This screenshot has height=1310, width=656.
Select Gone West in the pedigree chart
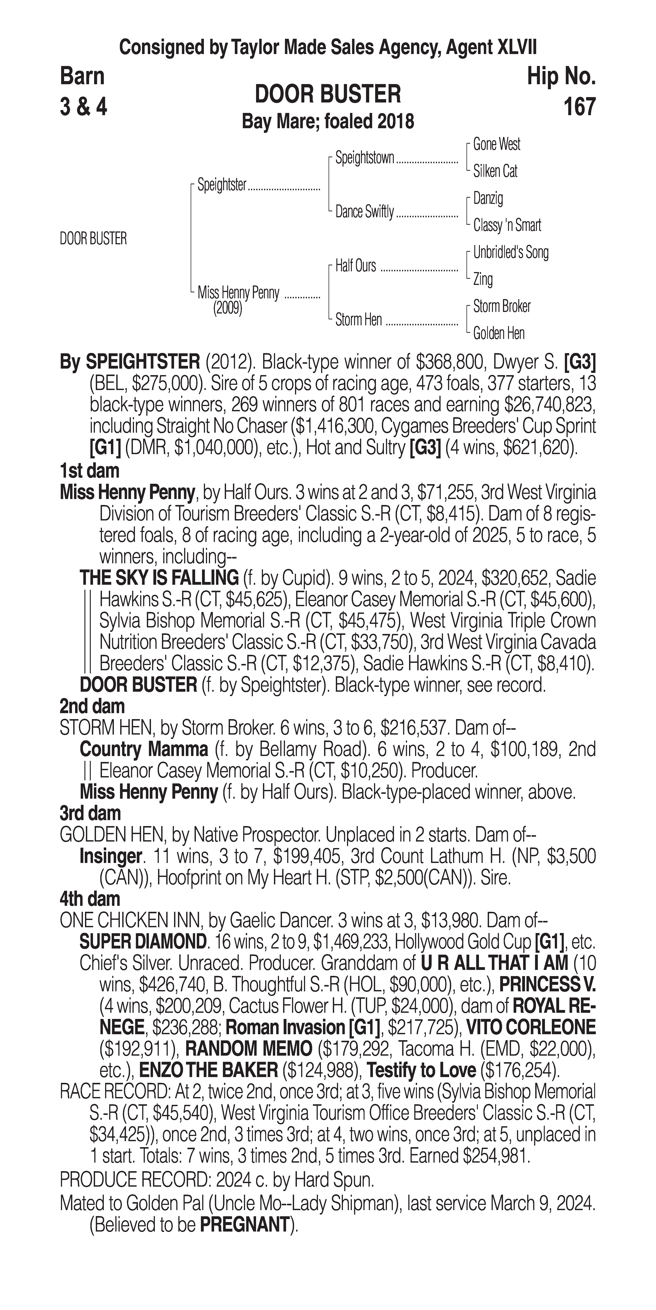click(x=496, y=144)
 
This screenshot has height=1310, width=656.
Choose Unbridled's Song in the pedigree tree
click(x=511, y=252)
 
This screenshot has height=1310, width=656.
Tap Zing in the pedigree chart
click(x=483, y=279)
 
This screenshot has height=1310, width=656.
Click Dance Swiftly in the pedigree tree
click(x=364, y=212)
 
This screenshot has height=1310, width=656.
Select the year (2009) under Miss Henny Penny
click(x=227, y=308)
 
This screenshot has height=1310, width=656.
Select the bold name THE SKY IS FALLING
click(x=159, y=578)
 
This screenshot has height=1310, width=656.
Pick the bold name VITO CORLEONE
click(x=530, y=1027)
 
